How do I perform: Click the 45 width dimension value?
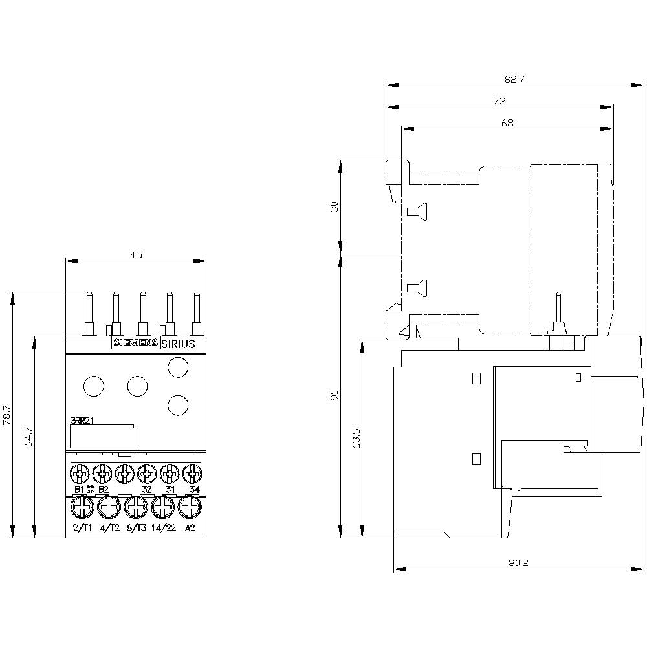point(136,255)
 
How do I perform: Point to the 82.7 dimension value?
point(514,79)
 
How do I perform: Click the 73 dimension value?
point(499,101)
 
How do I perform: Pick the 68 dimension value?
point(507,123)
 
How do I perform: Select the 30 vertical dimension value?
point(334,206)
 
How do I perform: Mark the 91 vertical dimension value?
point(334,395)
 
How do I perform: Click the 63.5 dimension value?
point(356,438)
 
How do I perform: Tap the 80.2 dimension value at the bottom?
point(518,564)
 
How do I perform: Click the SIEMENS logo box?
point(135,344)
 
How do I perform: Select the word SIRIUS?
point(177,344)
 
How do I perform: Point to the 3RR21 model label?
point(82,421)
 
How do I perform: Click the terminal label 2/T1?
point(82,528)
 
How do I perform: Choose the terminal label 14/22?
point(163,528)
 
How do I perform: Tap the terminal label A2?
point(190,528)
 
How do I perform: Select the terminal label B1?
point(80,489)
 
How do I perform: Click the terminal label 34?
point(193,489)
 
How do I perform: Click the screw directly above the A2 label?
point(189,508)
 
